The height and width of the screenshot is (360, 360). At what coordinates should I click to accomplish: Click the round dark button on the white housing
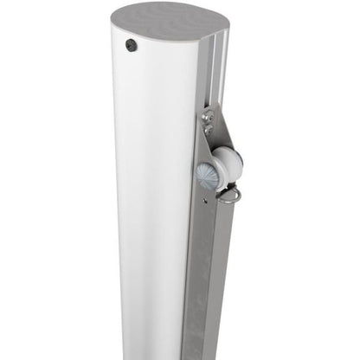(x=132, y=45)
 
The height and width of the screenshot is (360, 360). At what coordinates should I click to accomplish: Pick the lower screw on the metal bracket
(x=208, y=130)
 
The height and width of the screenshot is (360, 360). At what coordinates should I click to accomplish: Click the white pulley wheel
(x=227, y=164)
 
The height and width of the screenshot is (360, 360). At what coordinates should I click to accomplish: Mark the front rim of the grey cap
(x=160, y=39)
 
